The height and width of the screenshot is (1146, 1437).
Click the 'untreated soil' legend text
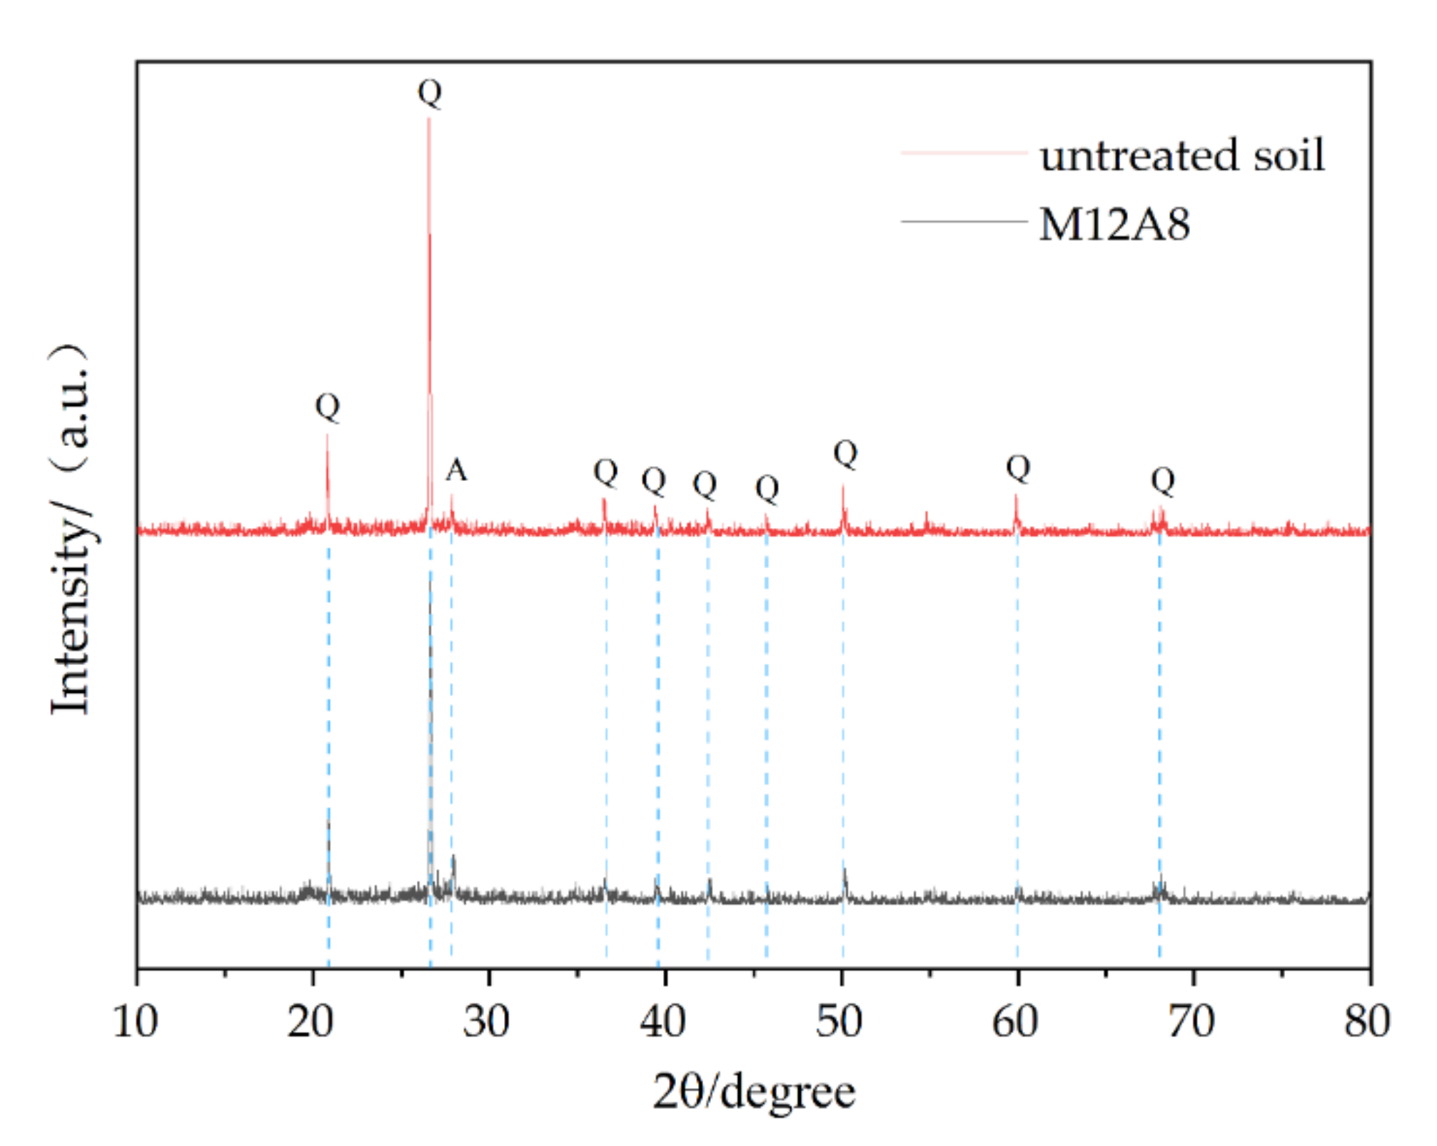click(1181, 155)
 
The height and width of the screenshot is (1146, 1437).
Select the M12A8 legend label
click(1114, 225)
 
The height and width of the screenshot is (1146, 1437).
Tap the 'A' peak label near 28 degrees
click(456, 470)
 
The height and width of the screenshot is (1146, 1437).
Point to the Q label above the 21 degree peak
click(328, 407)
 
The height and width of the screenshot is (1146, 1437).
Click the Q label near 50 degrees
click(845, 454)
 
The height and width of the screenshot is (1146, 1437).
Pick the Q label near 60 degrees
click(1018, 469)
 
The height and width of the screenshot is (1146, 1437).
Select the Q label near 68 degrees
click(1162, 481)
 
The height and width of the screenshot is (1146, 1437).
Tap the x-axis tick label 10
click(135, 1022)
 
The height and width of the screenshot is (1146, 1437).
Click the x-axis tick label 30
click(487, 1022)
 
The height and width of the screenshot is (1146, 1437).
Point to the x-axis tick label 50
click(839, 1022)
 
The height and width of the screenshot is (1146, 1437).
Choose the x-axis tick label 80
click(1366, 1022)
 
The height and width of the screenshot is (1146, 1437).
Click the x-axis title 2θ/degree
click(754, 1092)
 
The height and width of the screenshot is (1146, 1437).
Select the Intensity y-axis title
click(71, 528)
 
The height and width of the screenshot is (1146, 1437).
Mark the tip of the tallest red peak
click(429, 119)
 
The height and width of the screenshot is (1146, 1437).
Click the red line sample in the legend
click(964, 153)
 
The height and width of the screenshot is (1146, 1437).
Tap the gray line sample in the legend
click(964, 222)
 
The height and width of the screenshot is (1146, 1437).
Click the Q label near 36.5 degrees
click(605, 472)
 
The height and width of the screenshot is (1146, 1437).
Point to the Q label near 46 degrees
click(767, 490)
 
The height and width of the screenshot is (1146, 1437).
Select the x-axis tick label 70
click(1191, 1022)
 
